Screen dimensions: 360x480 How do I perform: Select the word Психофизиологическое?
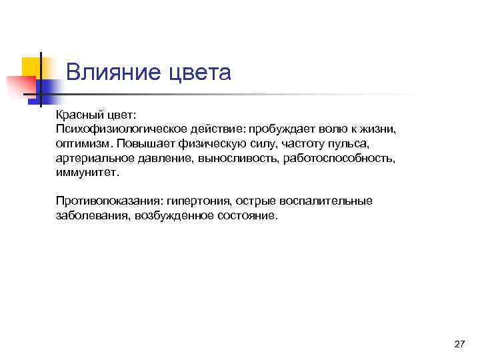coord(113,128)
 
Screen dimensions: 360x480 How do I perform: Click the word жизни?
coord(378,128)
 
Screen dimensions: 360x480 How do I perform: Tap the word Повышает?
coord(140,143)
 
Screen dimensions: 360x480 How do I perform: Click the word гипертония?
coord(197,201)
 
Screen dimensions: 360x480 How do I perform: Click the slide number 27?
coord(459,343)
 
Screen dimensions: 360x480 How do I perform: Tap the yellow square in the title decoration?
coord(31,67)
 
